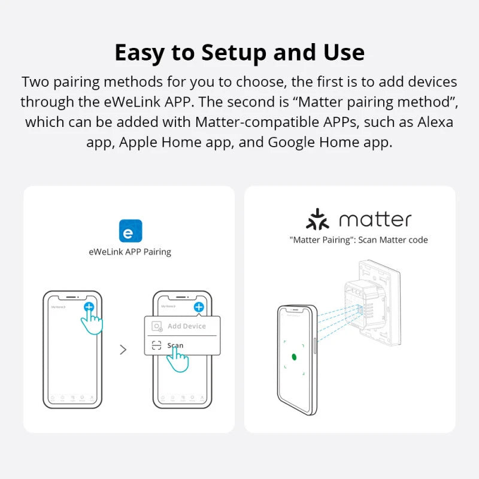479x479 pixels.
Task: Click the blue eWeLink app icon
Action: click(x=131, y=231)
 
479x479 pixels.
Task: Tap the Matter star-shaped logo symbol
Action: click(x=318, y=220)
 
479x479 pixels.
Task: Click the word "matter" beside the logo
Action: click(x=375, y=220)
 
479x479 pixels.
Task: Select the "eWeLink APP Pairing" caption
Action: click(x=130, y=252)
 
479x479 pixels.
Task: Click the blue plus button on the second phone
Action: click(x=198, y=307)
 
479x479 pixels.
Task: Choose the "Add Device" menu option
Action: click(x=186, y=326)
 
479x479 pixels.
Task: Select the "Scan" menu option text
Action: click(x=175, y=345)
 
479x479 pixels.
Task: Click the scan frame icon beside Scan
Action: click(x=157, y=345)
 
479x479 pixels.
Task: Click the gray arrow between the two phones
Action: click(x=123, y=350)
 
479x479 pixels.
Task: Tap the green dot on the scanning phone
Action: click(x=294, y=357)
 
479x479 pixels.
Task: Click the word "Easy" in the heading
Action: click(x=139, y=53)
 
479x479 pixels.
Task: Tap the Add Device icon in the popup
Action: click(x=157, y=327)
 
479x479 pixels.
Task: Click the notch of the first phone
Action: click(x=72, y=296)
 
